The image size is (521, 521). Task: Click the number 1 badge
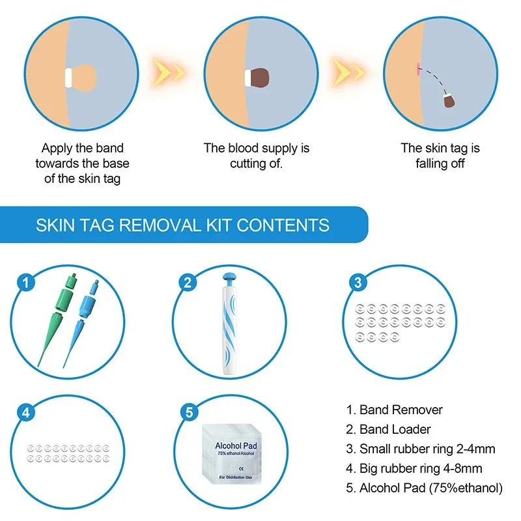[x=25, y=282]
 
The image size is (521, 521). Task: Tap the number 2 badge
[x=188, y=282]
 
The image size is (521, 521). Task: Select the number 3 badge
[x=356, y=282]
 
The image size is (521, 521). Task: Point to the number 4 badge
[x=25, y=412]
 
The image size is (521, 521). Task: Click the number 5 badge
[x=188, y=412]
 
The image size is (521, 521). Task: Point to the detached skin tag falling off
[x=449, y=101]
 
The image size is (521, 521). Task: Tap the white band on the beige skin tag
[x=68, y=77]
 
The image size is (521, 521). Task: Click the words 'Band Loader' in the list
[x=395, y=429]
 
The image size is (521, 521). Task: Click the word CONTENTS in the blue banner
[x=283, y=225]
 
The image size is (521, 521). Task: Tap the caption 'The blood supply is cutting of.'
[x=256, y=156]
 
